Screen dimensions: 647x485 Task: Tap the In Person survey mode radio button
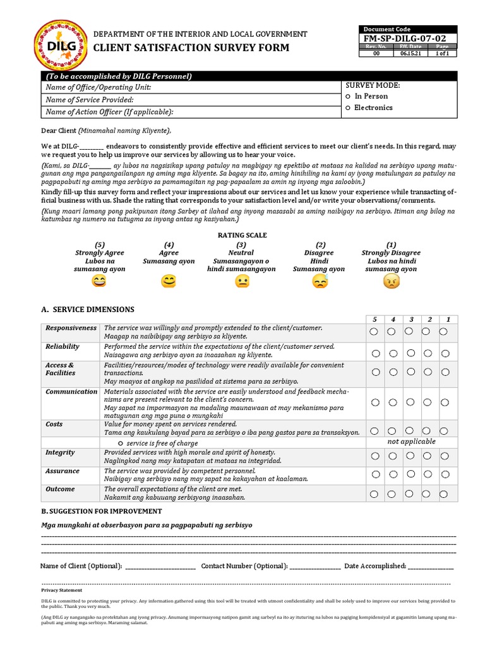[348, 97]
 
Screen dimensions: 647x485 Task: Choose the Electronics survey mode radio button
[348, 108]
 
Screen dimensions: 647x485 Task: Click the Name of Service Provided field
[189, 100]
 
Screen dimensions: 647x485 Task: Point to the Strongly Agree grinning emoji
[99, 282]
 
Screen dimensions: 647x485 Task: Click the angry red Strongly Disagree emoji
[392, 282]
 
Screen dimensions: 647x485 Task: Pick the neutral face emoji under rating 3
[241, 282]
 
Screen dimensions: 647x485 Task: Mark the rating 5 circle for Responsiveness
[375, 332]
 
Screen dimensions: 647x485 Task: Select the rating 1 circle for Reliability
[445, 353]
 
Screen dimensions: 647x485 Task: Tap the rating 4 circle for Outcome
[393, 494]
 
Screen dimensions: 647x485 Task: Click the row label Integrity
[60, 452]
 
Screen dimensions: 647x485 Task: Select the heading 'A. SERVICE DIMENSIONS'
[87, 310]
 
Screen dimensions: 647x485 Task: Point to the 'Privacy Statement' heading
[62, 590]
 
